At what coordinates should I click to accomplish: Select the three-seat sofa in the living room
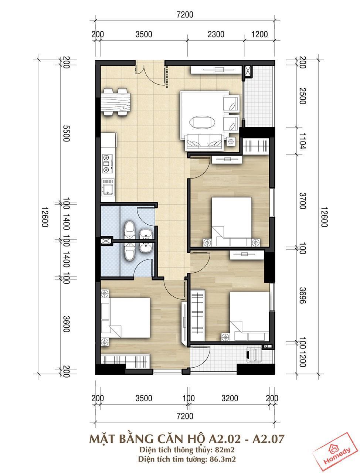click(204, 142)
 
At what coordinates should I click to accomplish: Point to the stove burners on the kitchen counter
click(107, 164)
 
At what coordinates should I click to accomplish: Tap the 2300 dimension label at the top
click(216, 34)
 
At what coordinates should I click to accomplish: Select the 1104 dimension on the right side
click(302, 141)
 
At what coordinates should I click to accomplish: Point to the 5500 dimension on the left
click(66, 133)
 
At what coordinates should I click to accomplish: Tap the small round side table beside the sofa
click(231, 142)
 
